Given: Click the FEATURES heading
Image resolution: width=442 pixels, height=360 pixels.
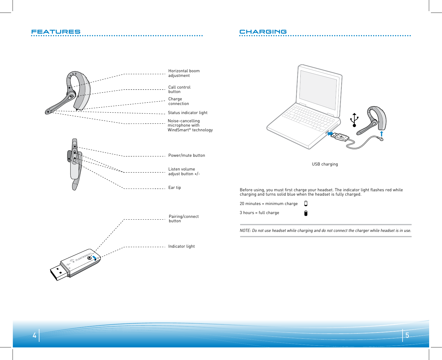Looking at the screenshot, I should click(56, 32).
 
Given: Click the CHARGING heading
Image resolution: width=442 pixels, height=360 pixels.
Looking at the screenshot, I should click(263, 32).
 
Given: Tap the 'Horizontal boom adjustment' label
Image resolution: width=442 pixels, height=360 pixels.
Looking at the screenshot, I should click(184, 73).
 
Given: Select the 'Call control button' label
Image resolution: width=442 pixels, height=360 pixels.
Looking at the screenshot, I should click(179, 89).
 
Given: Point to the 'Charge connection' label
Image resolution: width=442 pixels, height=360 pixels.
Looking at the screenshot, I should click(178, 101).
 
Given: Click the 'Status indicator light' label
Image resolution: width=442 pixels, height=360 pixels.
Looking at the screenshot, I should click(188, 113).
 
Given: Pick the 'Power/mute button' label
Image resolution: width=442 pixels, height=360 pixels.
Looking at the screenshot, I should click(187, 155).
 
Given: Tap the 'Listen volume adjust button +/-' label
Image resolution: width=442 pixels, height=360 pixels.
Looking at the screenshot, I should click(184, 171).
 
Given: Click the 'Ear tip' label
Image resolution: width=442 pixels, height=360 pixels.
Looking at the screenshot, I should click(174, 187).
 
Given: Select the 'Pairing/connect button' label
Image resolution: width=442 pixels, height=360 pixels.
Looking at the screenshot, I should click(183, 218).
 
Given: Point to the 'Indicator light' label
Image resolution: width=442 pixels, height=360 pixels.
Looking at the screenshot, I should click(181, 246).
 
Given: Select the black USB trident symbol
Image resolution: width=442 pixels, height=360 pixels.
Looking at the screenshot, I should click(354, 120).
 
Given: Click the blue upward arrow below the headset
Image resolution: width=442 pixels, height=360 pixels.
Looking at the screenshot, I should click(382, 134).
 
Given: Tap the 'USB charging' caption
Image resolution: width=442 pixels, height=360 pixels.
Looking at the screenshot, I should click(325, 164).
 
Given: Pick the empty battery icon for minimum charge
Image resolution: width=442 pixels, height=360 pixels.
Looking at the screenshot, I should click(306, 204).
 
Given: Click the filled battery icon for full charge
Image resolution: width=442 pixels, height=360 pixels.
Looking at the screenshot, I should click(306, 213).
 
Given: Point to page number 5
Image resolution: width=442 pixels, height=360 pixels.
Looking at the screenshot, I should click(407, 335).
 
